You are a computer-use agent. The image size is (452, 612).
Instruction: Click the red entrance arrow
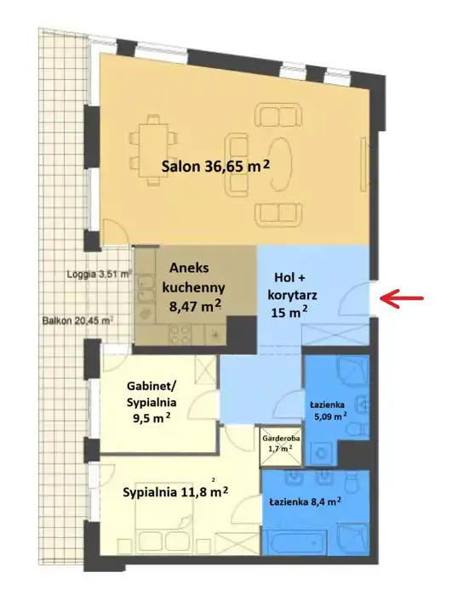402,298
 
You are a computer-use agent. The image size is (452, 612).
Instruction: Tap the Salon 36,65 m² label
216,167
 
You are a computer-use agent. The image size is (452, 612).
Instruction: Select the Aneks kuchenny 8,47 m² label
194,287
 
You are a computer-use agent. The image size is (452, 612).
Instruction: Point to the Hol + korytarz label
292,295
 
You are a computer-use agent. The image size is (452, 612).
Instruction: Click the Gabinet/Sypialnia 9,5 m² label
152,402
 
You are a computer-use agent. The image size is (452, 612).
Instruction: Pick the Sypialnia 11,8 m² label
175,492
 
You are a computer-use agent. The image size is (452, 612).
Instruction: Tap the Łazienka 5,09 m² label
329,411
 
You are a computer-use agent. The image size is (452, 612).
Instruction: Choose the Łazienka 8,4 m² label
305,501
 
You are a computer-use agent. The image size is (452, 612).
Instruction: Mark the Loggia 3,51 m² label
100,274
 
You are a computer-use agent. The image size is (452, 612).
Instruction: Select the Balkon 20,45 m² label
77,320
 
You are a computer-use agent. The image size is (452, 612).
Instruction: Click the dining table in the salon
153,150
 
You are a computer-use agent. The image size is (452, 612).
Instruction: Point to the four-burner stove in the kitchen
180,335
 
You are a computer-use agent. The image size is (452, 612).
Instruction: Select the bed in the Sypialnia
165,523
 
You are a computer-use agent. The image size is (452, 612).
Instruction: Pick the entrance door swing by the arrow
354,298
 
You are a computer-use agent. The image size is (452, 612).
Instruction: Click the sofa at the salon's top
279,115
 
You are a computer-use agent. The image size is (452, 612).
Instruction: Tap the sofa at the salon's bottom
279,214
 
